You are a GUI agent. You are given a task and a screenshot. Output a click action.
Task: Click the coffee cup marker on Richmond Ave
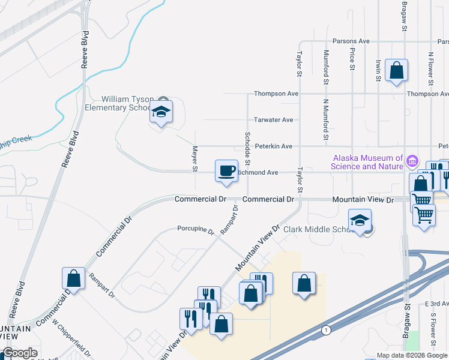point(226,171)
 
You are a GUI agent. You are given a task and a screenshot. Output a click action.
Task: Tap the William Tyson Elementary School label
point(128,103)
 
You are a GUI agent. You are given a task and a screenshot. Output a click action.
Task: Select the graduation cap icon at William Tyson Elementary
point(160,112)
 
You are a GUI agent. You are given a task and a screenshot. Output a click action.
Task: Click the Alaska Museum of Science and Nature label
point(368,162)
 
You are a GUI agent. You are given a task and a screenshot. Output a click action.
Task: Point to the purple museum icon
point(412,161)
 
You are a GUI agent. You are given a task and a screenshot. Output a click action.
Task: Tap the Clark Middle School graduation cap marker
point(360,220)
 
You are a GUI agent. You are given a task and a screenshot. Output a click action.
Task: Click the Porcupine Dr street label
point(195,229)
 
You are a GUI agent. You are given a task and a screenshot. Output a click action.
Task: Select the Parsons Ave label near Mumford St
point(352,41)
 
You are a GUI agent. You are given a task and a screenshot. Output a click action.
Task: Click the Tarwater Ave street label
point(273,120)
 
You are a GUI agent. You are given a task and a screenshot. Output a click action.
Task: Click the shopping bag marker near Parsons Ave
point(396,70)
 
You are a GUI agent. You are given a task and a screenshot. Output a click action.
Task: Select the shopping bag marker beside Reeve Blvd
point(73,278)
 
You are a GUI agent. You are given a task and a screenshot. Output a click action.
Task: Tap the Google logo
point(20,353)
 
